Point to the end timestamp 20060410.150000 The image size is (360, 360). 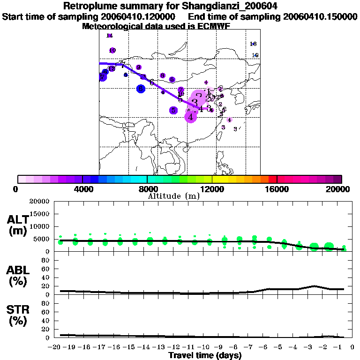click(x=320, y=17)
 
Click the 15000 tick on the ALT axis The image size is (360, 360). click(x=40, y=214)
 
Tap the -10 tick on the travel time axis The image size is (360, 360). click(x=203, y=348)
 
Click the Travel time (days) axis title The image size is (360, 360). click(x=205, y=356)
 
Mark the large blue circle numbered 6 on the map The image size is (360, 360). click(x=141, y=89)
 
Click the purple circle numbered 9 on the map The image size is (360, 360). click(x=138, y=67)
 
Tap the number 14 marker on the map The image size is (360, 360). click(x=110, y=36)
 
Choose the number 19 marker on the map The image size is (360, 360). click(x=255, y=55)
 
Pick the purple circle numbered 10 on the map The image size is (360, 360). click(x=112, y=50)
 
